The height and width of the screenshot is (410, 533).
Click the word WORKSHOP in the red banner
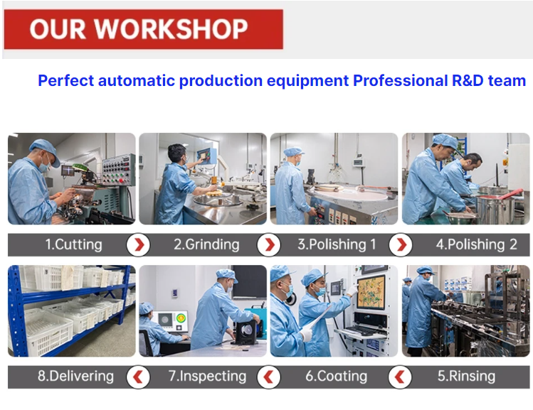tap(171, 28)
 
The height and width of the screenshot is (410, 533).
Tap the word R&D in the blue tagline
tap(468, 81)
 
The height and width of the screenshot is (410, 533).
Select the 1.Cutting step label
tap(74, 244)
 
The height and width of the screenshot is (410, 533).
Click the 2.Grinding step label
tap(206, 244)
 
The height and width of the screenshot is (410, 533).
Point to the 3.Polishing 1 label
tap(337, 244)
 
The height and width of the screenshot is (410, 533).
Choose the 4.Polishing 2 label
tap(477, 244)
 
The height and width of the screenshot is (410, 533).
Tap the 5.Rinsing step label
tap(466, 376)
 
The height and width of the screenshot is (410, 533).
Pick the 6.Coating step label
tap(336, 376)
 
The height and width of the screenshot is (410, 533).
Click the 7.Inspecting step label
tap(207, 376)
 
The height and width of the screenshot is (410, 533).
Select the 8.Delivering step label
tap(76, 376)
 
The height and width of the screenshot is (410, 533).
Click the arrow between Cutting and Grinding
tap(138, 244)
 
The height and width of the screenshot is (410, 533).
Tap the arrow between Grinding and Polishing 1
tap(269, 244)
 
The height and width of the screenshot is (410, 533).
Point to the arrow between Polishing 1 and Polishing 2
tap(401, 244)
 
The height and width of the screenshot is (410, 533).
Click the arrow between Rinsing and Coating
tap(400, 377)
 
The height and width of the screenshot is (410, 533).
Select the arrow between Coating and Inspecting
tap(269, 377)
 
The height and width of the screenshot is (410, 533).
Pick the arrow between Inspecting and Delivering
tap(138, 377)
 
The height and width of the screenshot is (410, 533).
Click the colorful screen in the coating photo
tap(371, 292)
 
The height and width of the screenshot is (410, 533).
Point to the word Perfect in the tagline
tap(65, 81)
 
